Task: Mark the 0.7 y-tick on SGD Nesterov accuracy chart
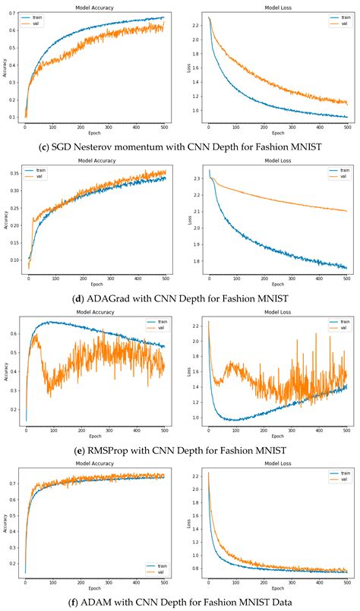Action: coord(14,14)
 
